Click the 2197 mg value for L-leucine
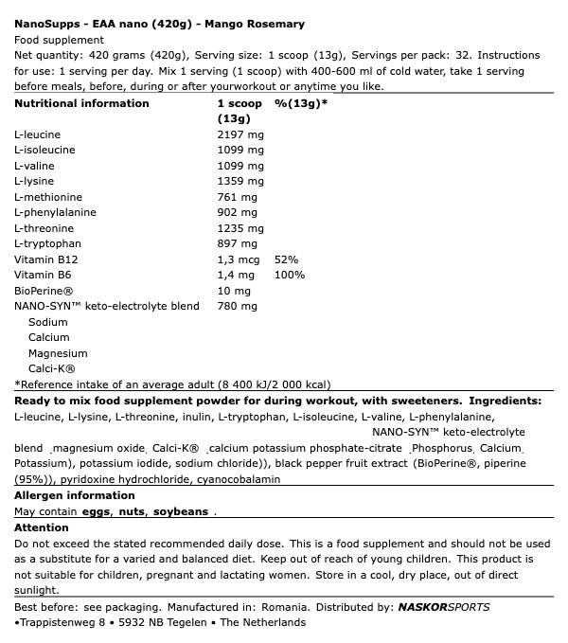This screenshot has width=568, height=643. point(240,134)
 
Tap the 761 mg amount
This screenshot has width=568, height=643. point(238,197)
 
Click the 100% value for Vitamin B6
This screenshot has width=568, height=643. point(289,275)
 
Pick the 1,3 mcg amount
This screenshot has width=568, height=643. point(239,259)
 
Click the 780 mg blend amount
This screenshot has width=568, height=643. point(238,306)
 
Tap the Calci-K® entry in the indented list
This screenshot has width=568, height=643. point(52,368)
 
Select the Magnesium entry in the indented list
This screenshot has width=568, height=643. point(58,353)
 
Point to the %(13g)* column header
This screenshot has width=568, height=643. point(301,103)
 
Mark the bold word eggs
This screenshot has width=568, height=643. point(97,511)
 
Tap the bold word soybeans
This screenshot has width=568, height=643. point(181,511)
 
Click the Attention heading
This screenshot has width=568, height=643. point(42,527)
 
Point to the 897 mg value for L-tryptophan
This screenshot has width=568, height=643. point(238,243)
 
